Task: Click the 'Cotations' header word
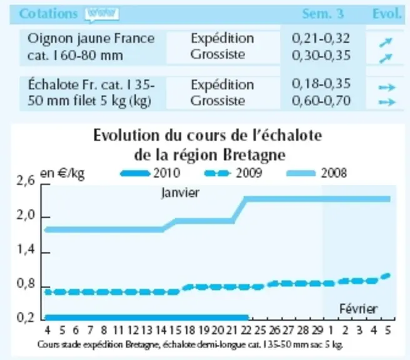coord(48,14)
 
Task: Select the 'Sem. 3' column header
coord(323,14)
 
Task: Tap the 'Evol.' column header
coord(387,14)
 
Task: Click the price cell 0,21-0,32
coord(321,39)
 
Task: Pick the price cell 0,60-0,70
coord(321,101)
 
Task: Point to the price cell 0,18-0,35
coord(321,84)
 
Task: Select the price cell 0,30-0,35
coord(321,56)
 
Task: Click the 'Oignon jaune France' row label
coord(91,39)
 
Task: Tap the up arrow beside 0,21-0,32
coord(386,42)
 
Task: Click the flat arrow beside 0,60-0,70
coord(387,102)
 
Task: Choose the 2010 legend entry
coord(151,173)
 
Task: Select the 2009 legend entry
coord(233,173)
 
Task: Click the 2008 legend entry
coord(317,173)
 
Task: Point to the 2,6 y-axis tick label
coord(26,181)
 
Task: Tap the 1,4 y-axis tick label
coord(26,250)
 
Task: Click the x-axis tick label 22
coord(246,331)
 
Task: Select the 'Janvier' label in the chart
coord(181,193)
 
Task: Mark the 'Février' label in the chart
coord(358,309)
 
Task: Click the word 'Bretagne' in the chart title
coord(254,155)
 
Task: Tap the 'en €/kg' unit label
coord(62,173)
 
